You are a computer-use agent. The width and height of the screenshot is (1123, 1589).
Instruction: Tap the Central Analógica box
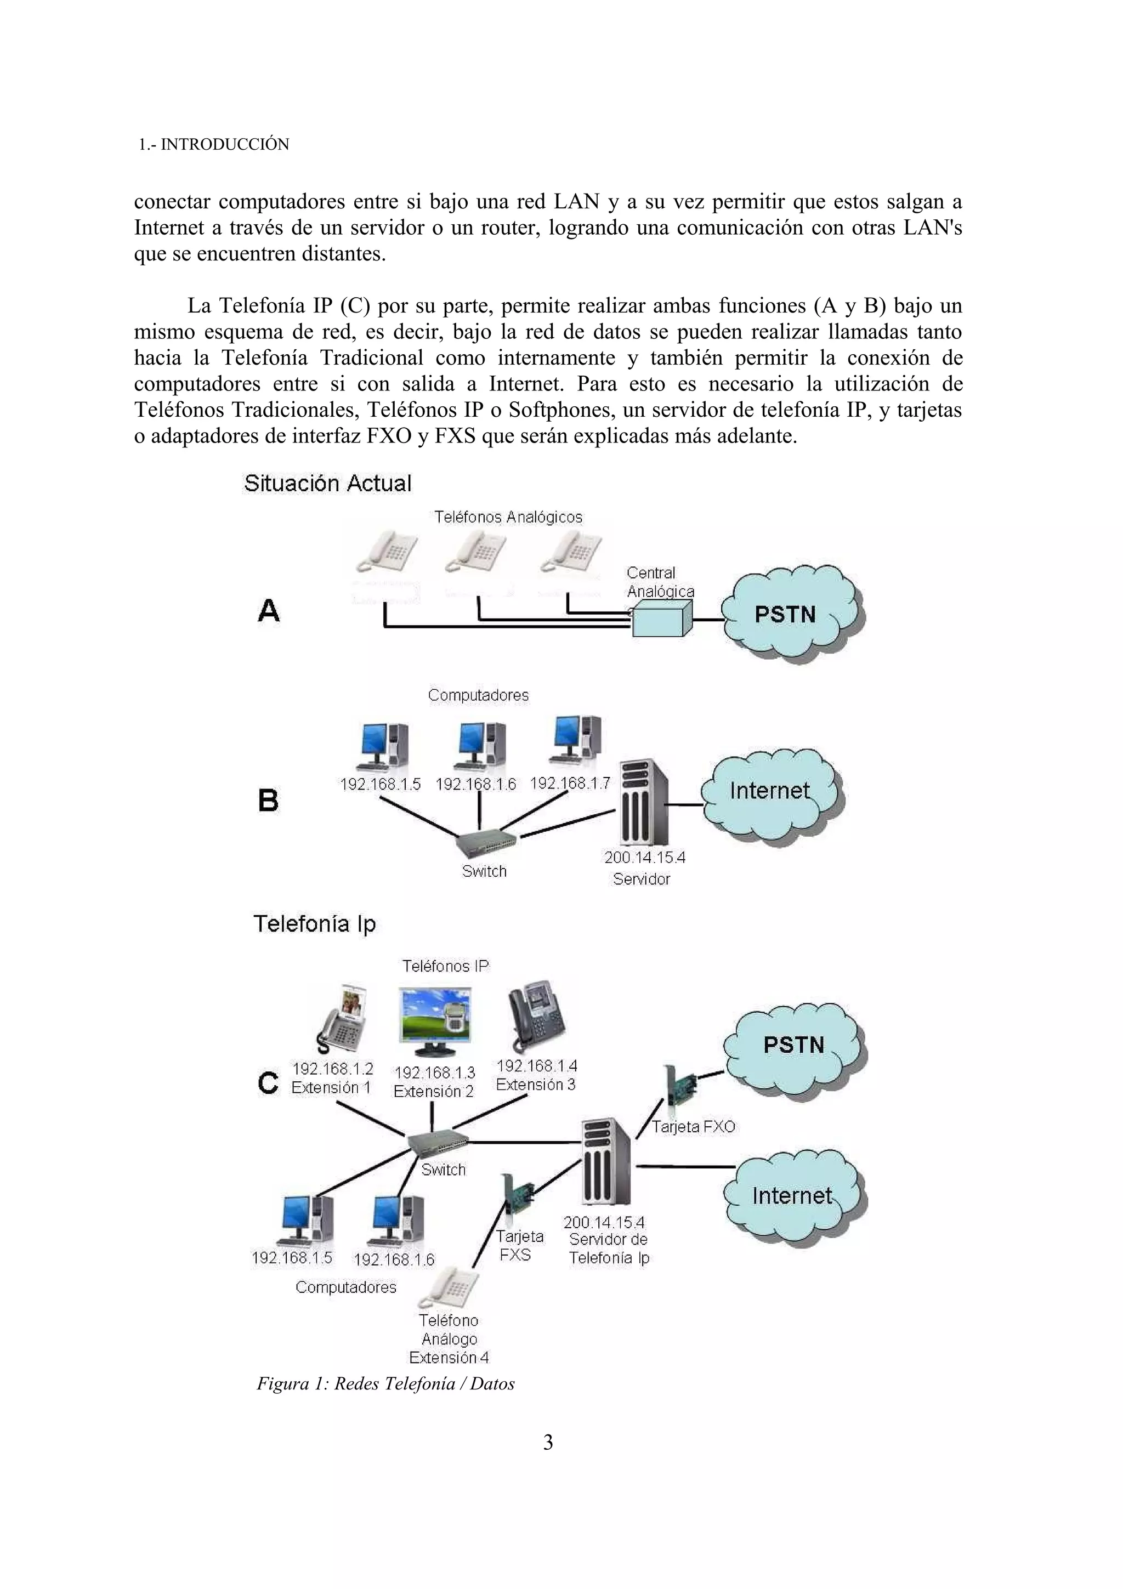pyautogui.click(x=661, y=618)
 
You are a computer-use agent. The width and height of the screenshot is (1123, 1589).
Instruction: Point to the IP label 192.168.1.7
pyautogui.click(x=570, y=783)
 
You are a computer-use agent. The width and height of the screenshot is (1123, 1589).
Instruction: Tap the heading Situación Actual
pyautogui.click(x=327, y=483)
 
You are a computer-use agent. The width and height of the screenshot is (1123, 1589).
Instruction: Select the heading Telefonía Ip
pyautogui.click(x=314, y=924)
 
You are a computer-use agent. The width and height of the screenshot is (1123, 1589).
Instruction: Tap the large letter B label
pyautogui.click(x=268, y=800)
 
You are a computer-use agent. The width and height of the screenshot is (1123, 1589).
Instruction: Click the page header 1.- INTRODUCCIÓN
pyautogui.click(x=213, y=145)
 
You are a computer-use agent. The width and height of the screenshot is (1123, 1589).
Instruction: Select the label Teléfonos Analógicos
pyautogui.click(x=508, y=517)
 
